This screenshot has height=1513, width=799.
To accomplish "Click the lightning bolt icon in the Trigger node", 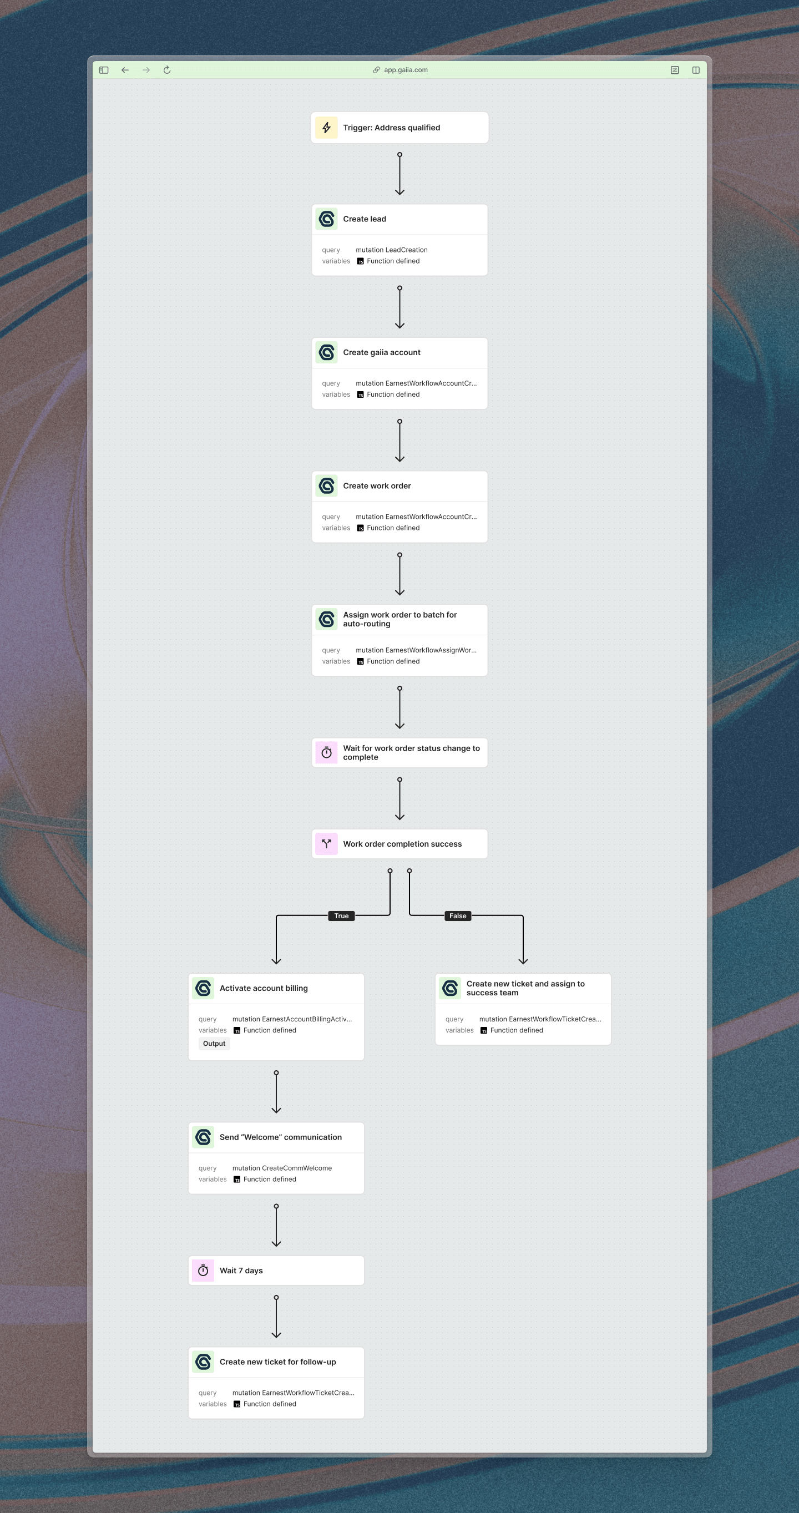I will pos(327,128).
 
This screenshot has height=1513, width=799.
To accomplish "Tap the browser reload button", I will pos(167,70).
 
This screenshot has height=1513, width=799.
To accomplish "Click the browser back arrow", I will pos(125,70).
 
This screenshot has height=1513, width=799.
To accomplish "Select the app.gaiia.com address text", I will pos(406,70).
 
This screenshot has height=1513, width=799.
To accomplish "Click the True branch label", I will pos(341,915).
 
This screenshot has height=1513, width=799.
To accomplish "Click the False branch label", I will pos(458,915).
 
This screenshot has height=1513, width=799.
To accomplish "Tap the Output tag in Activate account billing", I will pos(214,1044).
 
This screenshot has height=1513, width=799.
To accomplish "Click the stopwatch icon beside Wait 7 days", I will pos(203,1271).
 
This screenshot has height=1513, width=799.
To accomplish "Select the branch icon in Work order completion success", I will pos(327,844).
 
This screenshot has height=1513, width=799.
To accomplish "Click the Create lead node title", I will pos(364,219).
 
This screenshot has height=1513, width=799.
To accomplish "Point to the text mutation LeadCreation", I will pos(391,250).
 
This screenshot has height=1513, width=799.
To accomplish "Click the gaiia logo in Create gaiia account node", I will pos(327,352).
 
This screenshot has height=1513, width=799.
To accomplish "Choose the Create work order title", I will pos(377,485).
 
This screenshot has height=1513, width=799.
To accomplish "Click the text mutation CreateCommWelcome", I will pos(282,1168).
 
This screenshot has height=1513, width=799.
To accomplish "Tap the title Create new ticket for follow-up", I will pos(278,1362).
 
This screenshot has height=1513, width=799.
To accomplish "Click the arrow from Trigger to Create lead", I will pos(399,174).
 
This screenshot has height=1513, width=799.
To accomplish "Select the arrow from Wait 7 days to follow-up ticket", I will pos(276,1317).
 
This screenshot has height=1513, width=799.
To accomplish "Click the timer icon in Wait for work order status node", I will pos(327,753).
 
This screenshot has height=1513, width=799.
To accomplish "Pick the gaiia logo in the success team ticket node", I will pos(450,989).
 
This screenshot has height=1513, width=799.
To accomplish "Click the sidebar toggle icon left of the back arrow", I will pos(104,70).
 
